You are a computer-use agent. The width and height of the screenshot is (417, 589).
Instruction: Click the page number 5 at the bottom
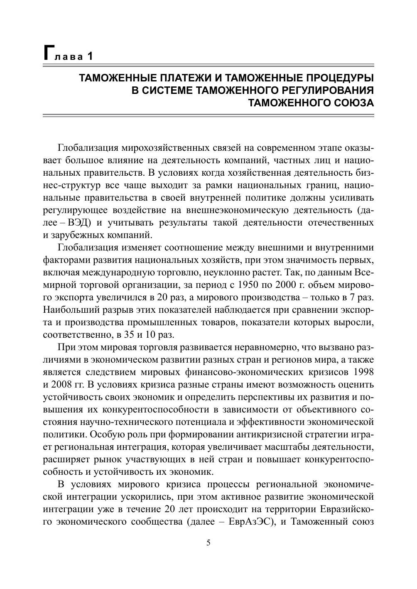[208, 543]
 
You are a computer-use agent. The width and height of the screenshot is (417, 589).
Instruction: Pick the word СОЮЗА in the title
[354, 103]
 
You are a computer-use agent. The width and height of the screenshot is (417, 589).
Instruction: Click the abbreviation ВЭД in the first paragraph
[76, 222]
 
